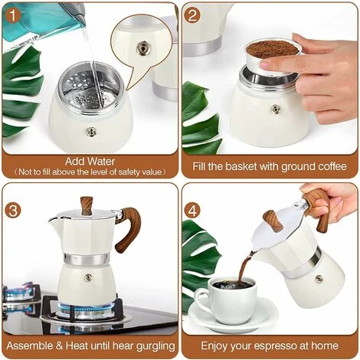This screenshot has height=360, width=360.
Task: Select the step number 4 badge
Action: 192,209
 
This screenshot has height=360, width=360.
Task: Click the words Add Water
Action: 90,161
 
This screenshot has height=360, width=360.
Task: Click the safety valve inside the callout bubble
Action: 142,48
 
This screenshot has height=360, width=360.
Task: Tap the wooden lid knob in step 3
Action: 87,205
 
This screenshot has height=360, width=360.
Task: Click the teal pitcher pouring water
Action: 38,20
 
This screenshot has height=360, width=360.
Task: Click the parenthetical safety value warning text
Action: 90,172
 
